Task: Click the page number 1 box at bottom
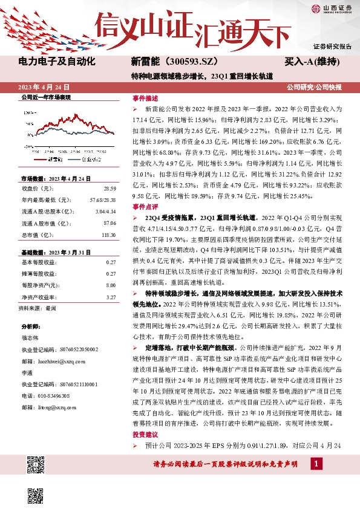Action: tap(316, 463)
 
